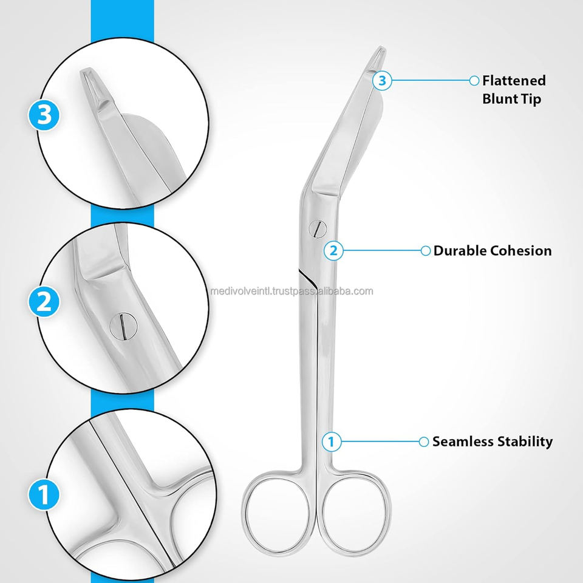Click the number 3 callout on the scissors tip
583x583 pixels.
(381, 80)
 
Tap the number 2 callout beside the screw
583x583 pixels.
(332, 250)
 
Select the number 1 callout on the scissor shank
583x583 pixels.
(331, 442)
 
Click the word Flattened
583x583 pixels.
(514, 80)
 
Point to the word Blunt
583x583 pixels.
(500, 98)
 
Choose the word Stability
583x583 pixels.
(526, 442)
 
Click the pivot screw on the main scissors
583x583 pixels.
(316, 228)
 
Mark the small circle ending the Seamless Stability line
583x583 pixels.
(424, 442)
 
